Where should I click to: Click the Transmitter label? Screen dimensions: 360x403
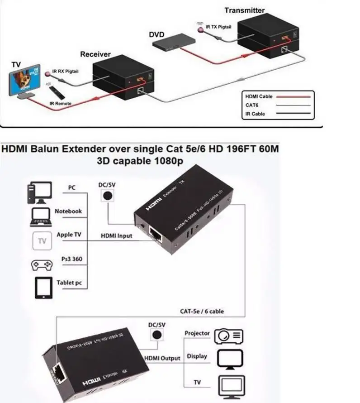245,10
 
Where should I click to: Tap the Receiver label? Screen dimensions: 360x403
95,54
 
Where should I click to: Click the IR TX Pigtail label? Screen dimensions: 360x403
218,27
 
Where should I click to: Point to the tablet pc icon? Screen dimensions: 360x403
43,286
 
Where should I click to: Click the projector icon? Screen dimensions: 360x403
229,336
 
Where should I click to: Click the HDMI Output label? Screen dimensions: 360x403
162,358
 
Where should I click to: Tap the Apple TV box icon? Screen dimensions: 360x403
43,240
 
